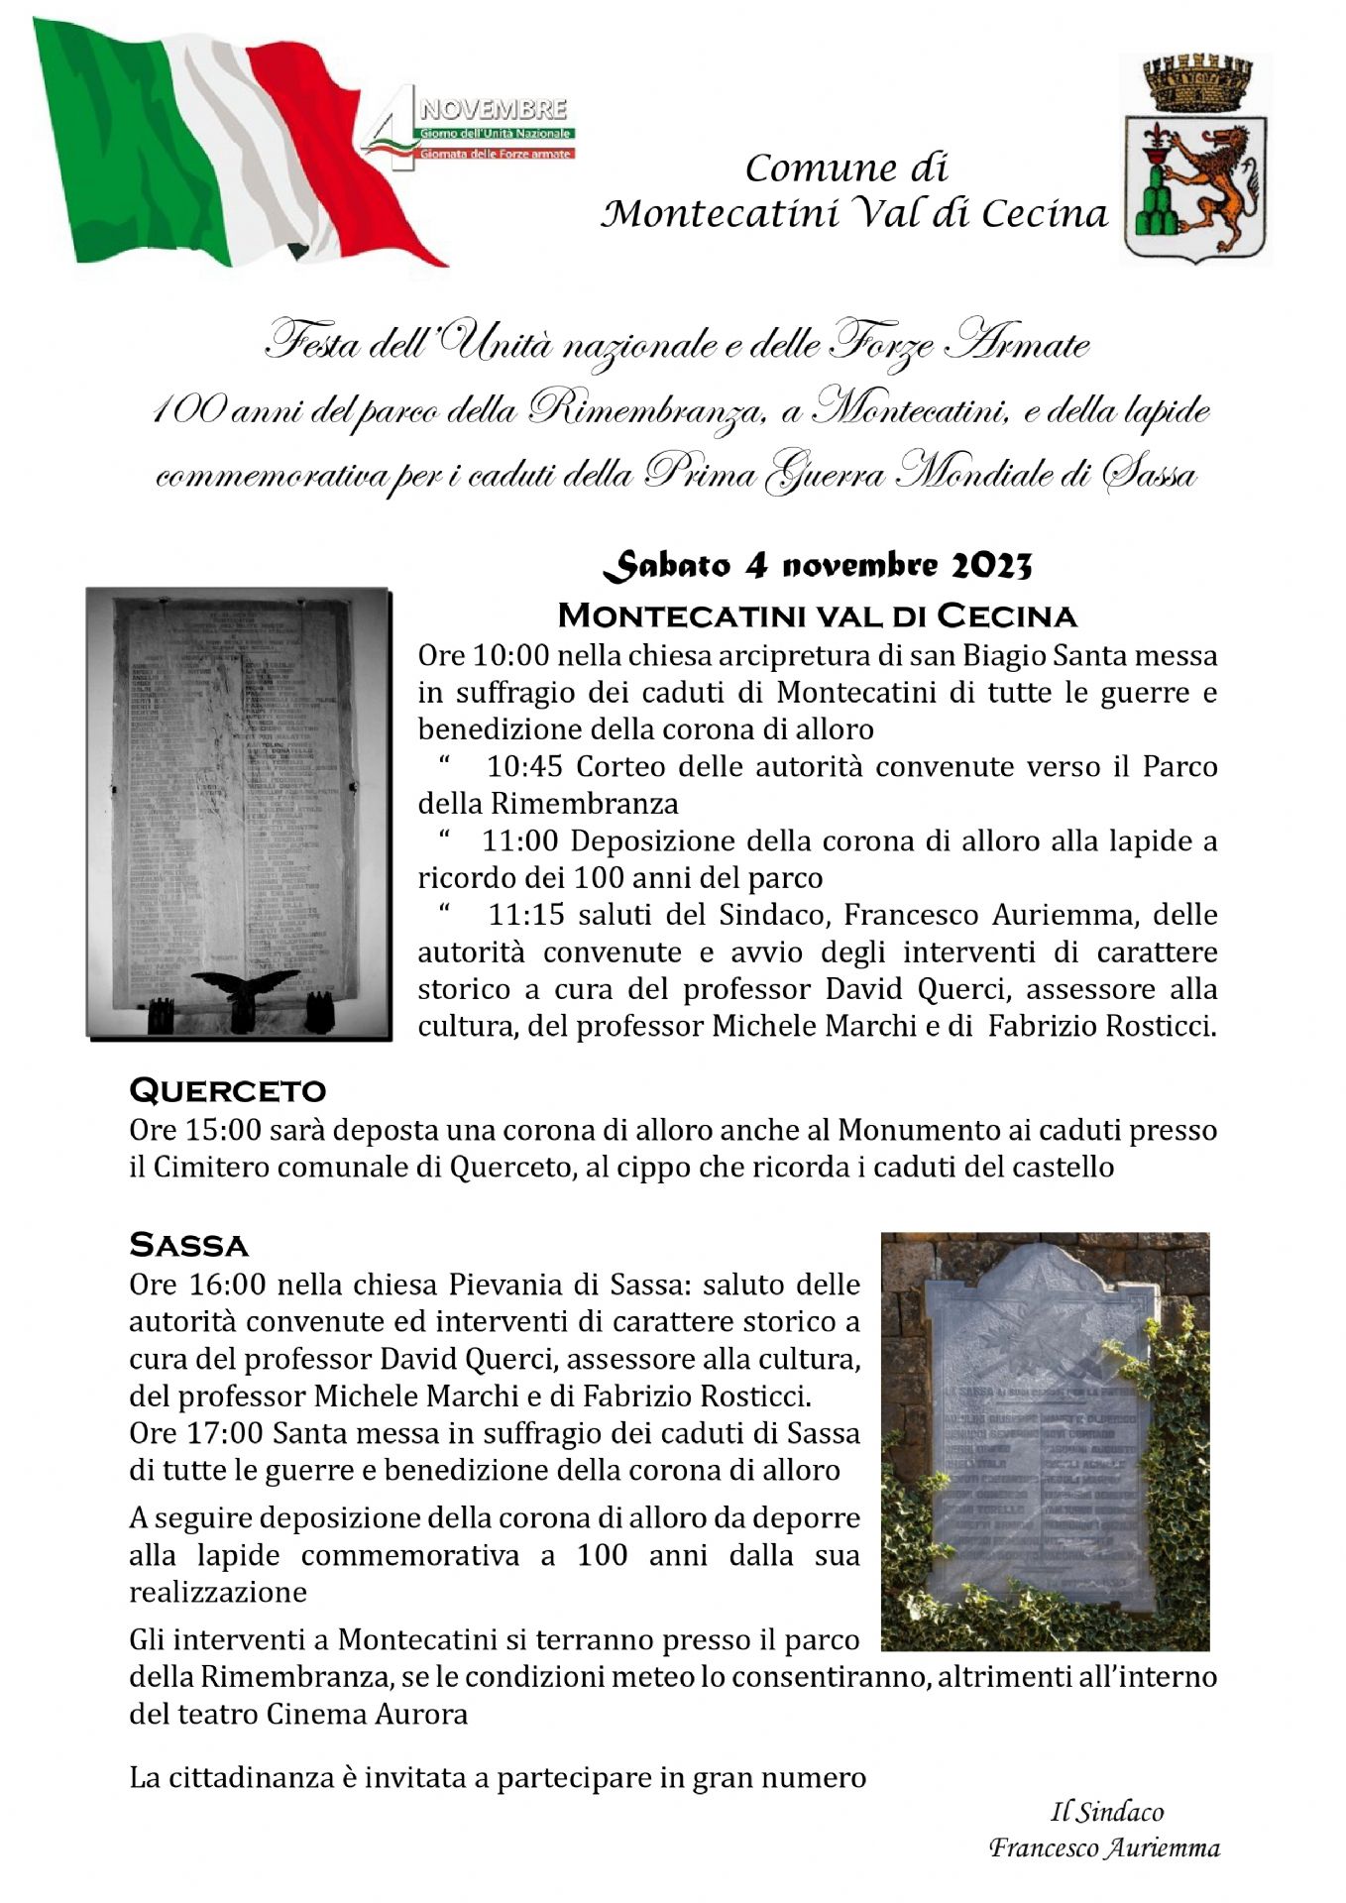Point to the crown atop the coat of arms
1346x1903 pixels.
(x=1194, y=83)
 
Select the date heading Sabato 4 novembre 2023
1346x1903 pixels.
(x=818, y=566)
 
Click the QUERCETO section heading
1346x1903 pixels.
(x=228, y=1090)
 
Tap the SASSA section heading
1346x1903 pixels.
(x=188, y=1244)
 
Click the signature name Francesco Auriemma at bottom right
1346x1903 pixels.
(x=1104, y=1848)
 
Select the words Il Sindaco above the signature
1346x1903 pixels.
(x=1107, y=1813)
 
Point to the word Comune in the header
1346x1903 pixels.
(x=804, y=168)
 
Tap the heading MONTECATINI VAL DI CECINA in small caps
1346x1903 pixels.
(x=818, y=616)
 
